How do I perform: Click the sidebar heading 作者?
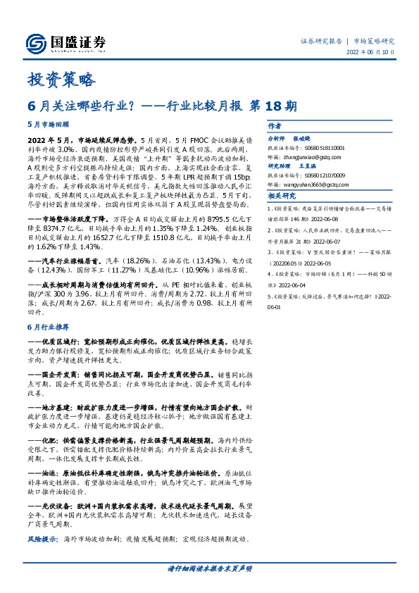click(x=275, y=127)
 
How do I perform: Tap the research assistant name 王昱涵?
click(x=310, y=167)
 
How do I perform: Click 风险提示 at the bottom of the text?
click(x=41, y=540)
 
